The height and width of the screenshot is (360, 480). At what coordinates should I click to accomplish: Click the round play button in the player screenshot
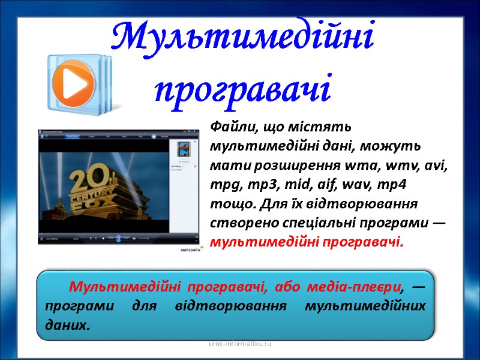[118, 238]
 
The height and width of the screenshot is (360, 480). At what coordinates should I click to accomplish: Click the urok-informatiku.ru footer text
[240, 344]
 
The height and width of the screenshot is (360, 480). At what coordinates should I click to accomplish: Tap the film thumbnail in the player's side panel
[182, 149]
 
